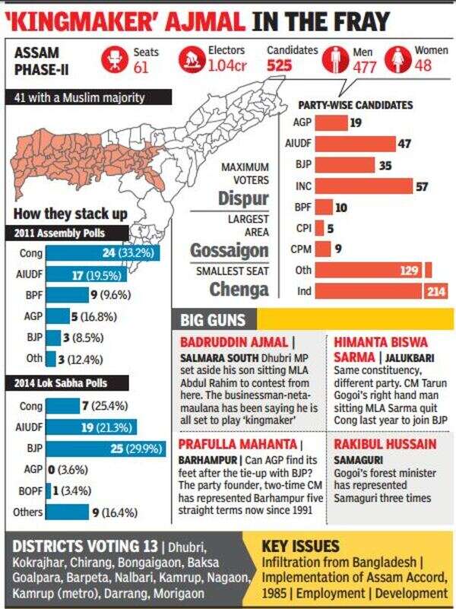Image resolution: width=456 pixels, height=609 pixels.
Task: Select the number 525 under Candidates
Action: pyautogui.click(x=280, y=65)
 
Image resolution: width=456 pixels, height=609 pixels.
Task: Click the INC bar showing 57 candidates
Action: pyautogui.click(x=363, y=186)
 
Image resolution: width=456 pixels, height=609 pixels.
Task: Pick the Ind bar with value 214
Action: pyautogui.click(x=381, y=291)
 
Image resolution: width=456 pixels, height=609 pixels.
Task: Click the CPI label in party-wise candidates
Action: pyautogui.click(x=302, y=227)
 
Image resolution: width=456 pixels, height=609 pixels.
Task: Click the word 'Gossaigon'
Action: pyautogui.click(x=229, y=249)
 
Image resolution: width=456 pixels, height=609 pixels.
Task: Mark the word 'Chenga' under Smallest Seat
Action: pyautogui.click(x=239, y=289)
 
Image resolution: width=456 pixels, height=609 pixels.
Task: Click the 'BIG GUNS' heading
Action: pyautogui.click(x=214, y=319)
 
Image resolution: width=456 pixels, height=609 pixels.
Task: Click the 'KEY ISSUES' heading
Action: pyautogui.click(x=301, y=546)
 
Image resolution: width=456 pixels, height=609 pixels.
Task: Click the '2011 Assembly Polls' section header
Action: pyautogui.click(x=60, y=233)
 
